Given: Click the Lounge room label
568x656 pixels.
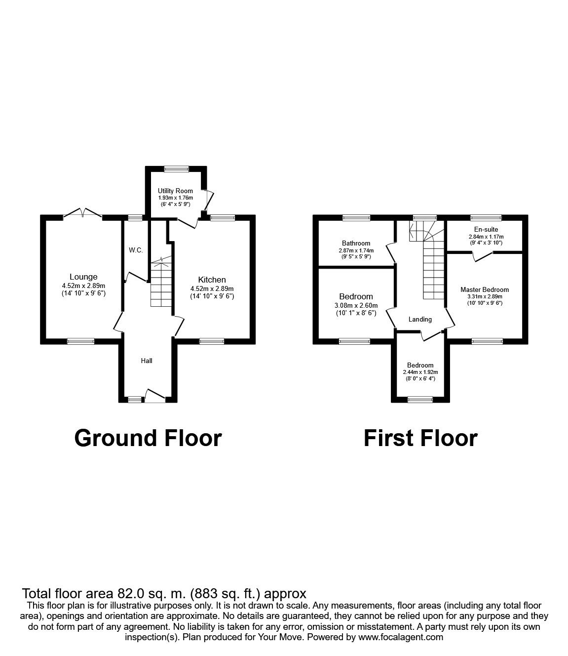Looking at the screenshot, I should (x=83, y=277).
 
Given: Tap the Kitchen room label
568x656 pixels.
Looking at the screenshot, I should (x=212, y=280).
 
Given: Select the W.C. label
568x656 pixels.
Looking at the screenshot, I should (x=136, y=250).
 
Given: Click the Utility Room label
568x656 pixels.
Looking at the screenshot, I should (x=175, y=191).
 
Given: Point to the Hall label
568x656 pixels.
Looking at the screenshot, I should (x=147, y=361).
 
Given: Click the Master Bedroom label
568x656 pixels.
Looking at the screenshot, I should (x=484, y=289).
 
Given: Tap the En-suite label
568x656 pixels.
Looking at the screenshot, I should (x=486, y=229).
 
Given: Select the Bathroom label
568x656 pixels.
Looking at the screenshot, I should (x=356, y=243).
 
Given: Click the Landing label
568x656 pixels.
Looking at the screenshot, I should (x=420, y=319).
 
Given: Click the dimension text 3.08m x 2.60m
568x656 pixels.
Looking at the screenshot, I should (x=356, y=305).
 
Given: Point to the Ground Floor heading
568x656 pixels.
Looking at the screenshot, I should (x=148, y=438).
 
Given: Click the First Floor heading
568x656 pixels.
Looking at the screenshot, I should (x=420, y=438).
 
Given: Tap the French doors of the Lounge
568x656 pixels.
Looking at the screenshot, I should (x=82, y=213).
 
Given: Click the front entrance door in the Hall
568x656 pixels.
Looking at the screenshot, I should (x=155, y=395).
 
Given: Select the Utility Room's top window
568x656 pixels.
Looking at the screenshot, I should (x=176, y=169).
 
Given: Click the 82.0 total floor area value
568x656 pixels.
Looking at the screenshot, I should (x=130, y=593).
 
